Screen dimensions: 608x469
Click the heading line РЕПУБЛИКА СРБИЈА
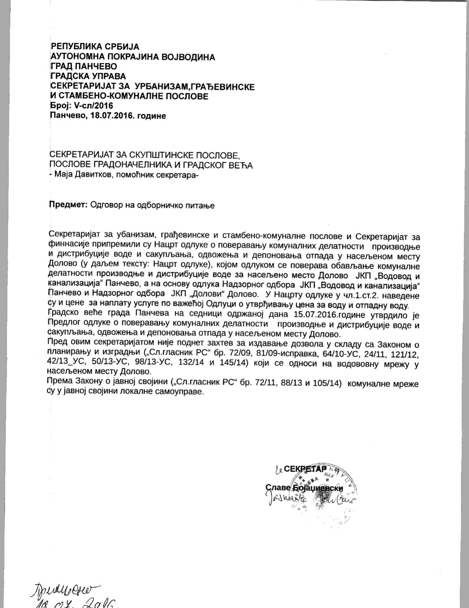pos(95,47)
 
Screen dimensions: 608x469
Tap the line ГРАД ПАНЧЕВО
pos(84,67)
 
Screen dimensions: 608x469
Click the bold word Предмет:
pos(68,205)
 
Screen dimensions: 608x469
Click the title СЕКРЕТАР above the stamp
pos(305,469)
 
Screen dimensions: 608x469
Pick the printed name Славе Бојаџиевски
pos(304,488)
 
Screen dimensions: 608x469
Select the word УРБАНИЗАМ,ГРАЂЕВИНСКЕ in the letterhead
pos(195,87)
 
